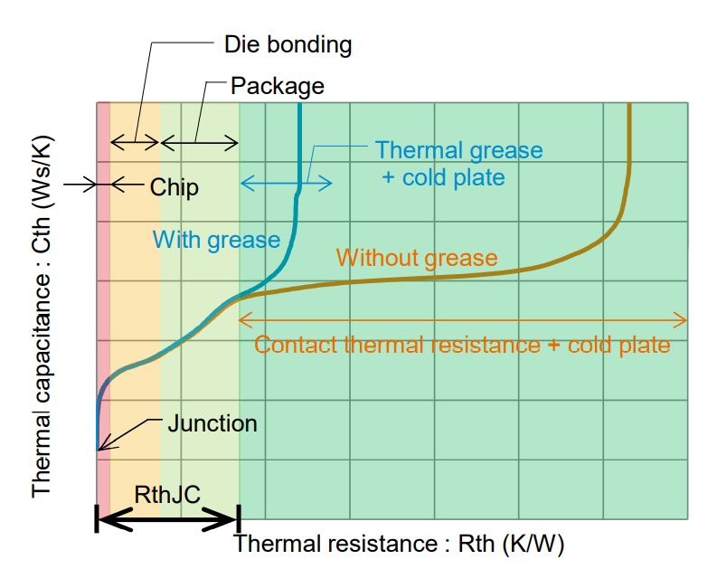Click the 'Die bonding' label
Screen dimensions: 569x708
coord(287,43)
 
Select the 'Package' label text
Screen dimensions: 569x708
coord(277,86)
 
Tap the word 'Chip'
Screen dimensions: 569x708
coord(174,187)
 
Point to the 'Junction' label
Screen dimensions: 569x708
coord(212,422)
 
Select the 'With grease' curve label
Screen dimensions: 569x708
coord(216,240)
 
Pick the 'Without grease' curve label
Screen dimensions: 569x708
coord(416,258)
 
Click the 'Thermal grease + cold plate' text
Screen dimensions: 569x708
coord(458,163)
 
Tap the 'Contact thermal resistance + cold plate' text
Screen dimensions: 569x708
coord(462,345)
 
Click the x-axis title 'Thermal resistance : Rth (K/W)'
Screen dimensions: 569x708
coord(399,544)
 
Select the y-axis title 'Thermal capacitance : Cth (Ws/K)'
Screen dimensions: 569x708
coord(42,317)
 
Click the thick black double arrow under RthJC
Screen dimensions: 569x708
coord(167,518)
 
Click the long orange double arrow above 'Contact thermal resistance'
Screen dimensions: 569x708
coord(462,319)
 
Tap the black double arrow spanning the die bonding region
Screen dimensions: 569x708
coord(135,142)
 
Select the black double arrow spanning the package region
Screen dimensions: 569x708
coord(200,142)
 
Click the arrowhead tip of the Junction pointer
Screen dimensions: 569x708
coord(99,448)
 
